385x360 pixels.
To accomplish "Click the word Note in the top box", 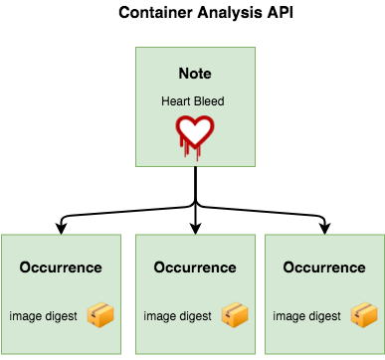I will [194, 74].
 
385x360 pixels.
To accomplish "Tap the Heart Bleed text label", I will [194, 100].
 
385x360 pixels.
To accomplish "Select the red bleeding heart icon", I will [195, 132].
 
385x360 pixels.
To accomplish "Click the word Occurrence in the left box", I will [60, 268].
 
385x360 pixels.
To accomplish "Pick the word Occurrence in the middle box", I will [195, 268].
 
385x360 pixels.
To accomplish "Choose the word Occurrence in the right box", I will [324, 268].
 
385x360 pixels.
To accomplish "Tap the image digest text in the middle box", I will [178, 316].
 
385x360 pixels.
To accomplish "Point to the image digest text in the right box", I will [307, 316].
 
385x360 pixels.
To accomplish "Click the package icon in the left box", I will [100, 315].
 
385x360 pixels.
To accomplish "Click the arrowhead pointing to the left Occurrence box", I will [63, 229].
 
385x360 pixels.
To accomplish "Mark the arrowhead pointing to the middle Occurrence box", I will [195, 229].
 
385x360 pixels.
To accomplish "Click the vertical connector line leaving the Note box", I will [195, 184].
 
